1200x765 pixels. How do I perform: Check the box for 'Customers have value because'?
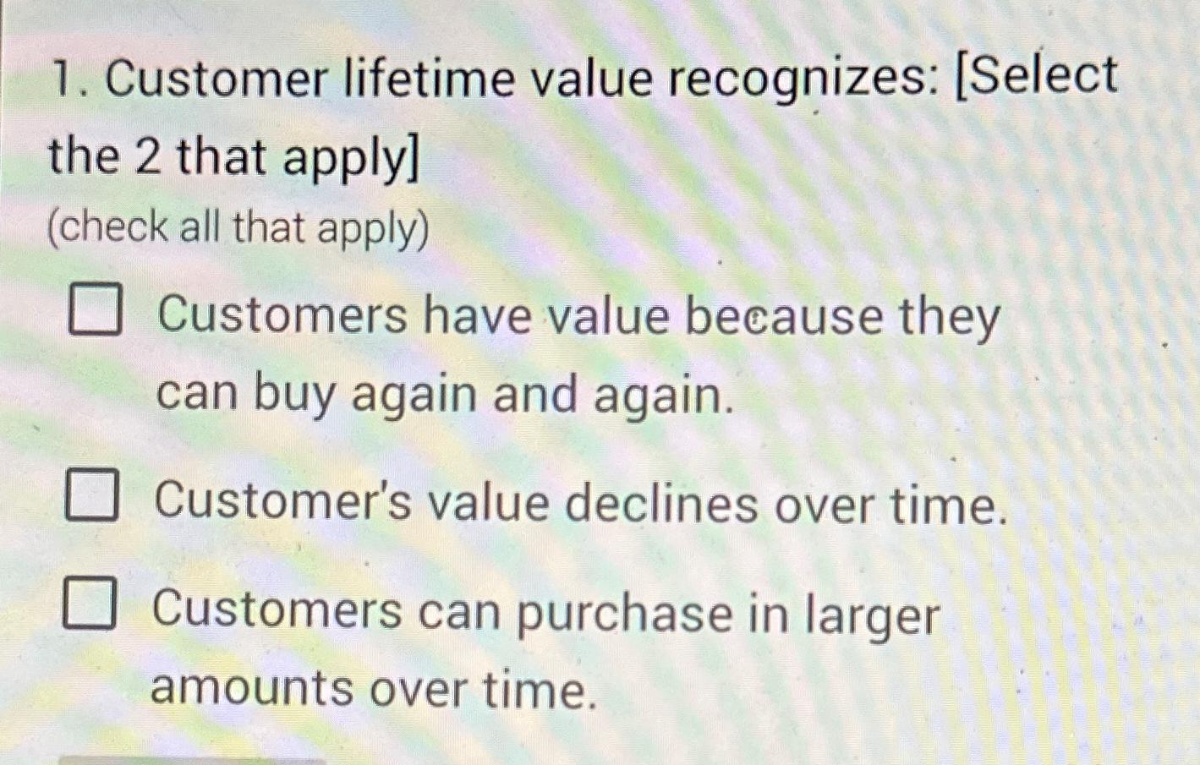click(x=94, y=310)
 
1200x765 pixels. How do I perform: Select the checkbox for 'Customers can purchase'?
click(x=88, y=604)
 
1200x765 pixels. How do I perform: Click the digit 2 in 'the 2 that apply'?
click(x=147, y=156)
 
